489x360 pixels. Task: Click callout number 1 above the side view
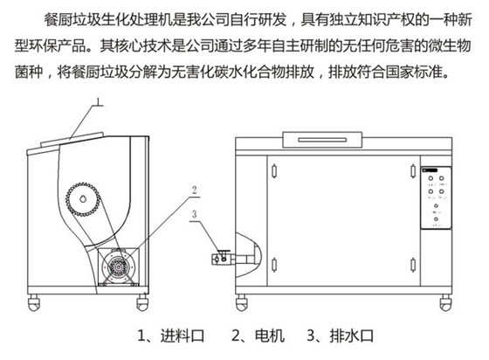pyautogui.click(x=99, y=101)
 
